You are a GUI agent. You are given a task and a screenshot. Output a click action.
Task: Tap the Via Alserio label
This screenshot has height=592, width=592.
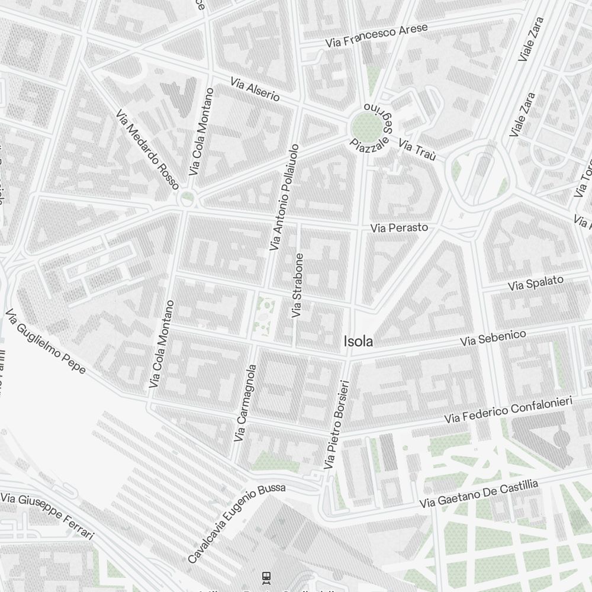pyautogui.click(x=255, y=89)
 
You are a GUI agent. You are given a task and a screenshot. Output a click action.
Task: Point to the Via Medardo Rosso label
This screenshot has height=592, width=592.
pyautogui.click(x=147, y=150)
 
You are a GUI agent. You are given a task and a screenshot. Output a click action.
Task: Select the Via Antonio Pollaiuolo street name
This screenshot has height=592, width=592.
pyautogui.click(x=285, y=197)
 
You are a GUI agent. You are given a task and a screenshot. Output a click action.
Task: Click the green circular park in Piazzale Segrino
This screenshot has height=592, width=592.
pyautogui.click(x=365, y=126)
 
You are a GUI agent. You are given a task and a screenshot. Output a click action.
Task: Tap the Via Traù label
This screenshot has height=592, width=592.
pyautogui.click(x=417, y=150)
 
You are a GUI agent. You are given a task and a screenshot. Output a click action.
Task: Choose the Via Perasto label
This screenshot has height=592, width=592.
pyautogui.click(x=399, y=228)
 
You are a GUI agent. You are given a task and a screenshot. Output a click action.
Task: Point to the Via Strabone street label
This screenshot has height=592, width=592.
pyautogui.click(x=298, y=285)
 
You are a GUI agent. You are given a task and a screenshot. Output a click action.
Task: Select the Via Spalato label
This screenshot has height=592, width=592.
pyautogui.click(x=536, y=284)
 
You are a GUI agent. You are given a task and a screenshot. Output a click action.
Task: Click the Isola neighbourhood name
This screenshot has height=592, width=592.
pyautogui.click(x=359, y=342)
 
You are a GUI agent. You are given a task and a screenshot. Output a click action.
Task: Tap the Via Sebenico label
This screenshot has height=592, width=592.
pyautogui.click(x=494, y=339)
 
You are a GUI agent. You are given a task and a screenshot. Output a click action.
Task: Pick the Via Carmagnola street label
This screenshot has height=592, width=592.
pyautogui.click(x=245, y=403)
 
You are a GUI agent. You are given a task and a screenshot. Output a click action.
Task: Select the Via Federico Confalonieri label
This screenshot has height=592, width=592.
pyautogui.click(x=509, y=410)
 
